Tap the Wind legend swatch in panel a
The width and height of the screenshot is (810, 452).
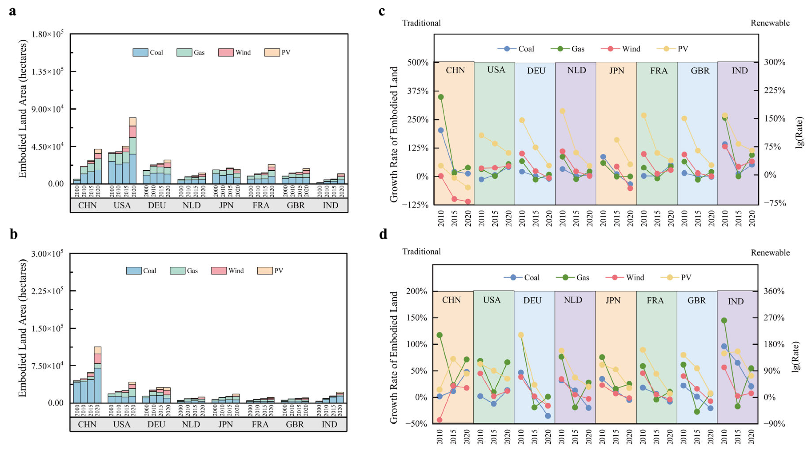tap(226, 52)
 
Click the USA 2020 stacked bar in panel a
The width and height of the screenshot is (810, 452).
tap(133, 151)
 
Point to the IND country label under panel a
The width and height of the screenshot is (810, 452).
tap(330, 205)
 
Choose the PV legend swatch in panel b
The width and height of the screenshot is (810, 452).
tap(265, 271)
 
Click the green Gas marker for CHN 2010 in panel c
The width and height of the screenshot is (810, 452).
tap(441, 97)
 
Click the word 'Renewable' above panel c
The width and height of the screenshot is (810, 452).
tap(770, 23)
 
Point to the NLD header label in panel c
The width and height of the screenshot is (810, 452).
tap(576, 70)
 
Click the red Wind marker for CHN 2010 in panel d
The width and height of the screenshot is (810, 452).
tap(440, 420)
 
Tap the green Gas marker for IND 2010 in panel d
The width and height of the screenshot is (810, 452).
tap(724, 321)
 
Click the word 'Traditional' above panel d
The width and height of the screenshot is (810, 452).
tap(421, 252)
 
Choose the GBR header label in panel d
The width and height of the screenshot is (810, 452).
tap(697, 301)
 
